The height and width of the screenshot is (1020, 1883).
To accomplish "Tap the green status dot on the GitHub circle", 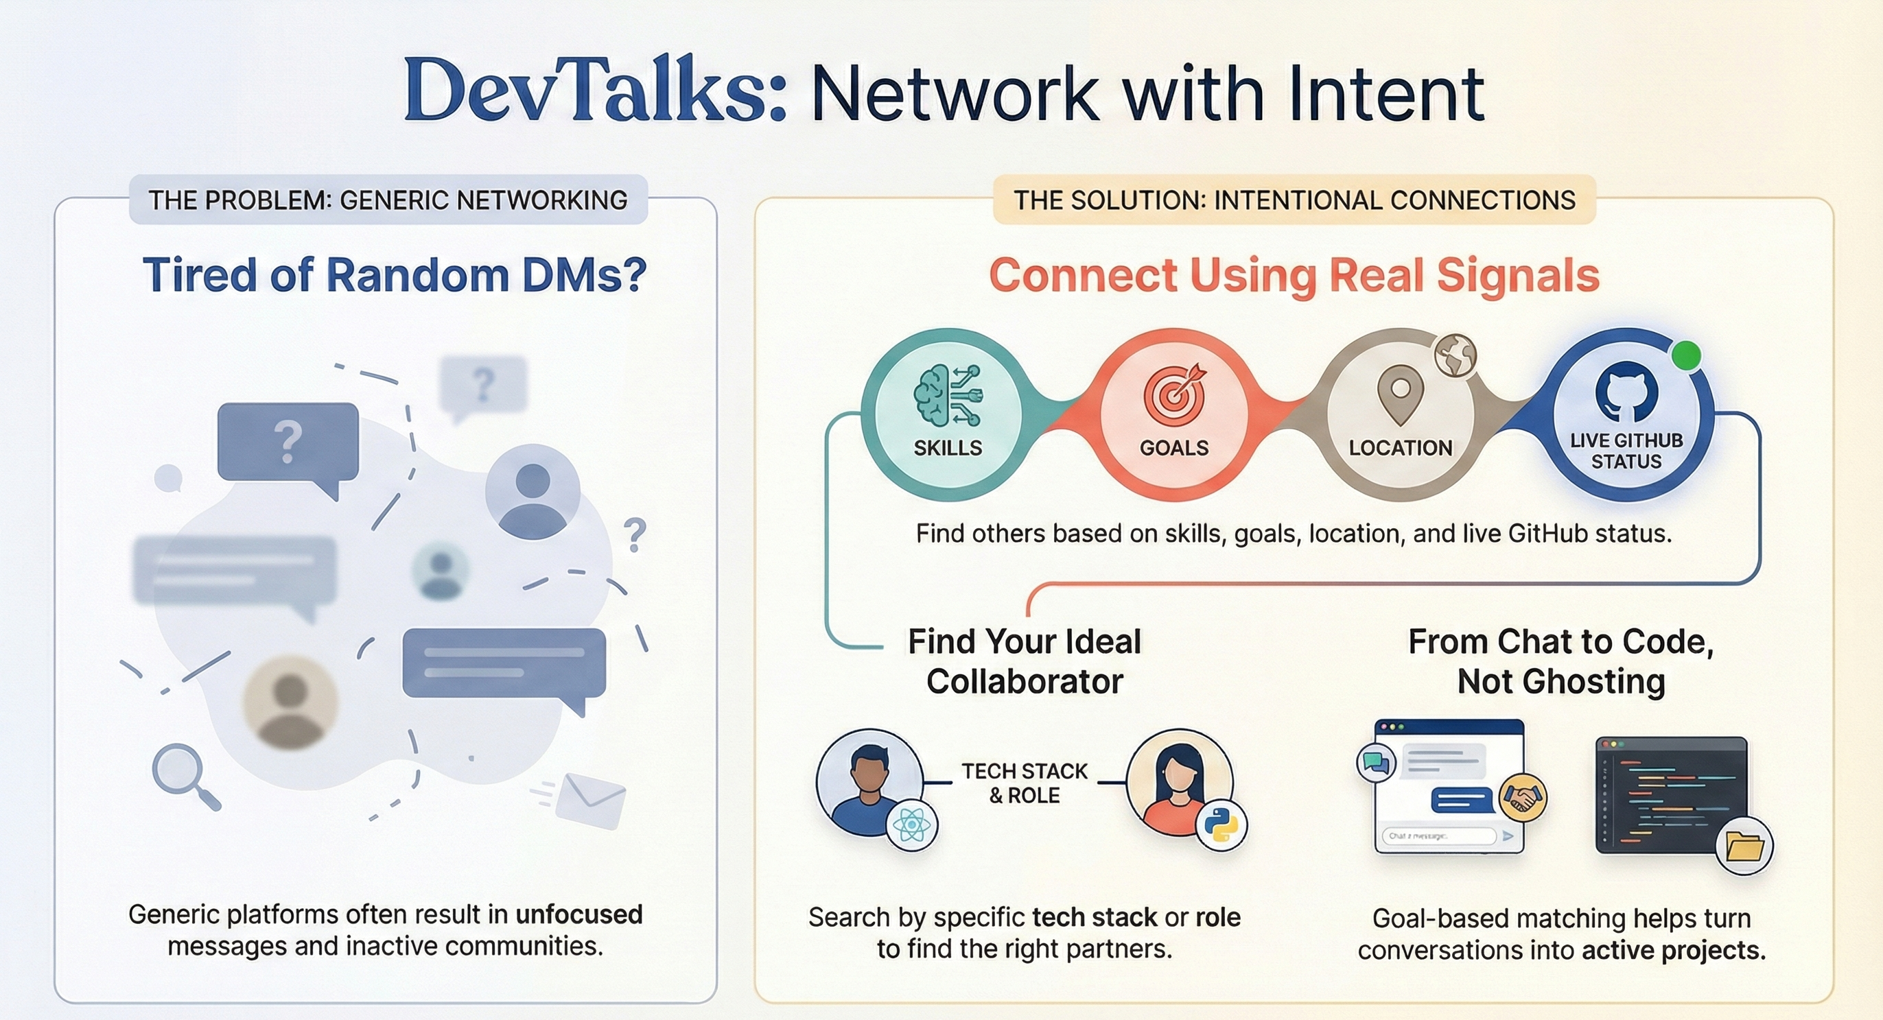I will (x=1685, y=356).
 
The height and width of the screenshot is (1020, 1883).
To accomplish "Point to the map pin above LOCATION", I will (x=1400, y=394).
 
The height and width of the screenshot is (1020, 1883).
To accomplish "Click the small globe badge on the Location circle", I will (x=1455, y=356).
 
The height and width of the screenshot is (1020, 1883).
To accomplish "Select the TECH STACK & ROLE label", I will (x=1024, y=783).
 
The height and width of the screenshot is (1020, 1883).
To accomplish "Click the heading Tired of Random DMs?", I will (x=395, y=275).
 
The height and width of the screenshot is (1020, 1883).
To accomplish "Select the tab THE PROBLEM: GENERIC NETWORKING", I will (x=388, y=200).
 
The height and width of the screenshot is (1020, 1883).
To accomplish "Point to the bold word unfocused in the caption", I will (x=579, y=914).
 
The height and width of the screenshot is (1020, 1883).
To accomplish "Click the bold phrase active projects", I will (x=1674, y=950).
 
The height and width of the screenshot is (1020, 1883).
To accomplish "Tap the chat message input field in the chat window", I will (x=1438, y=836).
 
